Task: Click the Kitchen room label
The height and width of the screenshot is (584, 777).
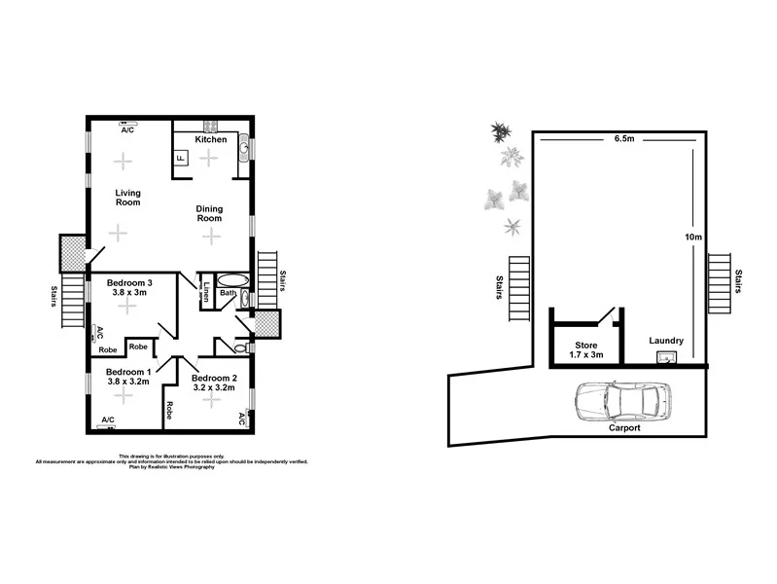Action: pos(211,139)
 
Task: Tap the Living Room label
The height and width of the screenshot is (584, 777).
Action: pos(127,197)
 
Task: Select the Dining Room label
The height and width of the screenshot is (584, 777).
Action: pos(210,213)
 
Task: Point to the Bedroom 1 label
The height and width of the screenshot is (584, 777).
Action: pos(127,372)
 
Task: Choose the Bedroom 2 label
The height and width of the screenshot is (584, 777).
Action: pos(213,378)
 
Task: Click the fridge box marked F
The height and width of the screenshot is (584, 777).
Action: pos(181,159)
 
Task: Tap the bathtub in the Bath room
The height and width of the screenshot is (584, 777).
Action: pos(233,280)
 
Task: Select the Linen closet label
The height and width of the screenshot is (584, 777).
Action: pos(207,291)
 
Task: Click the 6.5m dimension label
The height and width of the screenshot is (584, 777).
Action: pos(624,138)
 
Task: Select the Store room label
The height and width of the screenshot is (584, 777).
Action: pos(585,345)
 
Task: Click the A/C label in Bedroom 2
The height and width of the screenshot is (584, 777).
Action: pos(241,419)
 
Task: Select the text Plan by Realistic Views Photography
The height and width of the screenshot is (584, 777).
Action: pos(171,467)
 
